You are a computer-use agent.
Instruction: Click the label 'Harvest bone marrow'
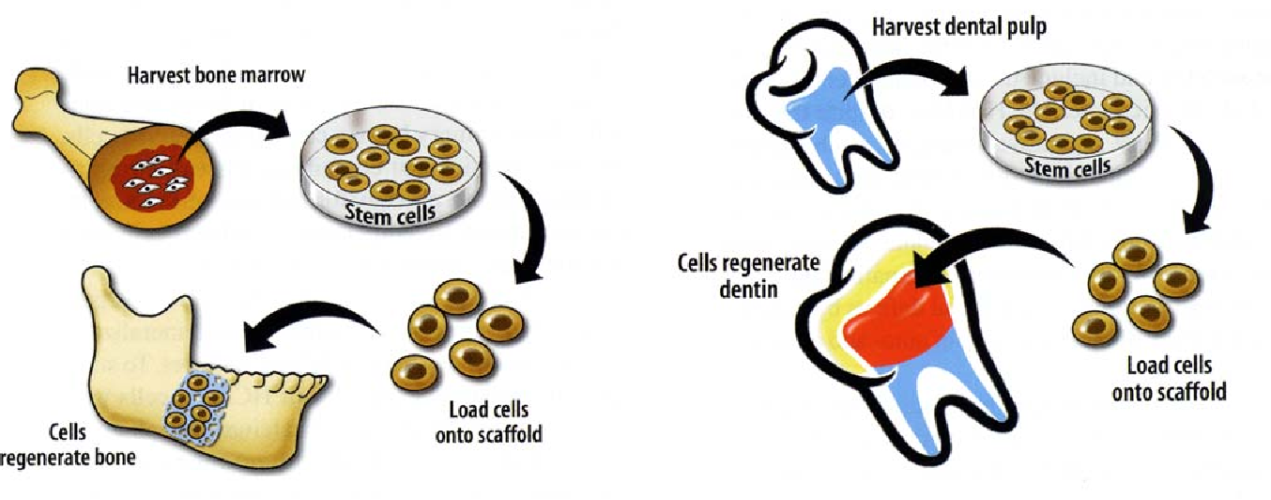[216, 74]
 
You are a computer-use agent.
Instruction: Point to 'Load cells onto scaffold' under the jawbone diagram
[488, 422]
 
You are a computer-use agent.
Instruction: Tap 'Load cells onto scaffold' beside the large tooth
[1169, 379]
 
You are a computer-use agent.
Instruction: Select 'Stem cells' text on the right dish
[1068, 168]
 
